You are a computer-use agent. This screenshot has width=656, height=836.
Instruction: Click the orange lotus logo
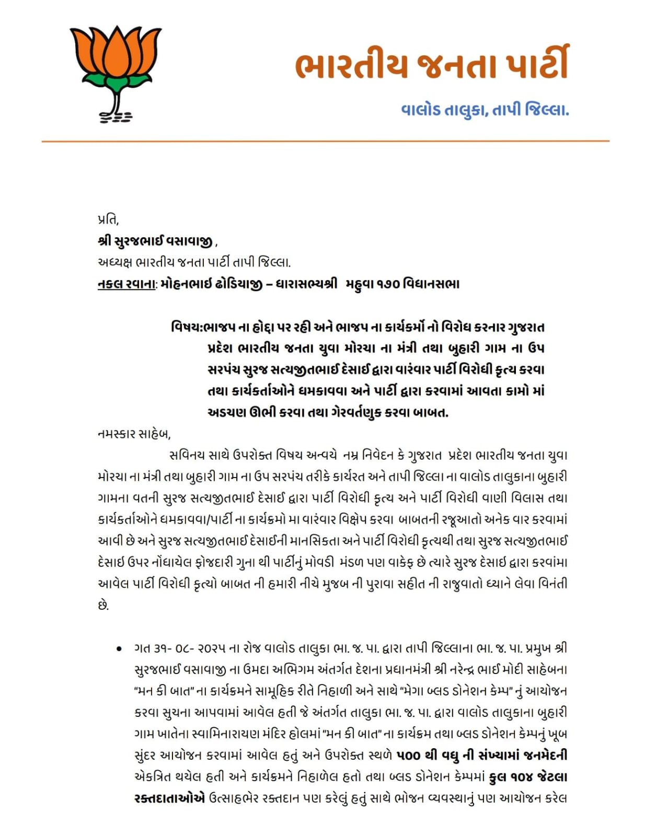click(x=116, y=73)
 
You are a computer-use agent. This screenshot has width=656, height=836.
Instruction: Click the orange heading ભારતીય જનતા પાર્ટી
click(x=432, y=65)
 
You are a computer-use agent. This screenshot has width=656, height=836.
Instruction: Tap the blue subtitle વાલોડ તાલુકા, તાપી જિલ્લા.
click(x=485, y=110)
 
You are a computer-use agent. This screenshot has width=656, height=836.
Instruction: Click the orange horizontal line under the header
click(x=325, y=141)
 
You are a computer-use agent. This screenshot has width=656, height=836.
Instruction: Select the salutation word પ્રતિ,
click(x=108, y=220)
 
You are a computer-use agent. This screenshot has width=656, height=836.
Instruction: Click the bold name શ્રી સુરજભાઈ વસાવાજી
click(x=155, y=241)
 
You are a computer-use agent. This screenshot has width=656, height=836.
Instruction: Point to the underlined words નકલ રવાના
click(x=127, y=284)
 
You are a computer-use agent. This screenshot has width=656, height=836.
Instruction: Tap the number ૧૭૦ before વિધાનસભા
click(x=387, y=284)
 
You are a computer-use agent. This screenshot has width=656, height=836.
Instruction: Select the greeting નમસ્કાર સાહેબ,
click(x=134, y=434)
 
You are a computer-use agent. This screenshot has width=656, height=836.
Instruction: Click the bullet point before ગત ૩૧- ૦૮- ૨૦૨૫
click(x=119, y=649)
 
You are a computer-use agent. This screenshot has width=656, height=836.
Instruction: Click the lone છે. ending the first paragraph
click(x=103, y=606)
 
